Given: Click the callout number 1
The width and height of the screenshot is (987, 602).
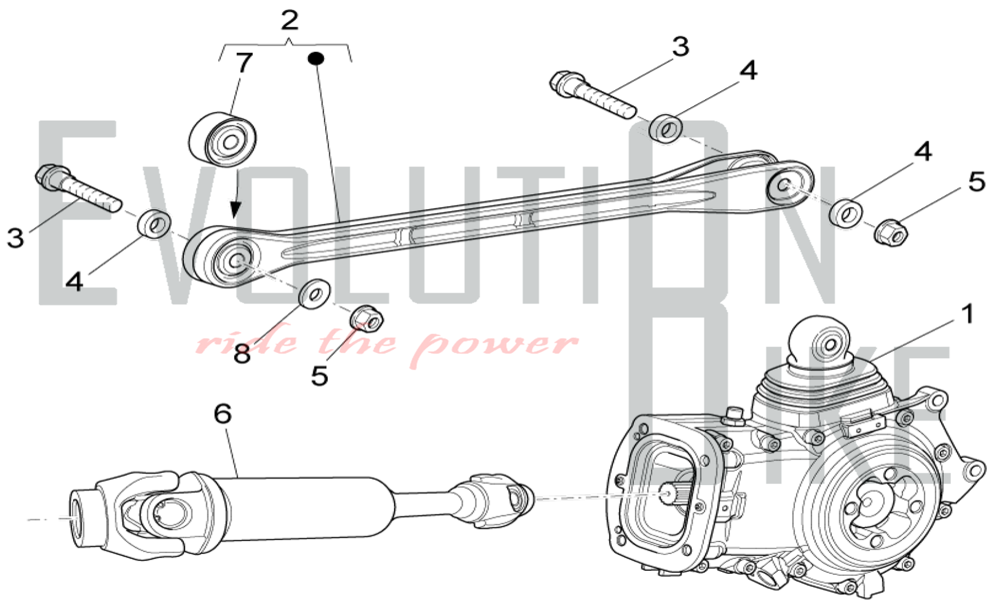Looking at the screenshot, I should click(967, 314).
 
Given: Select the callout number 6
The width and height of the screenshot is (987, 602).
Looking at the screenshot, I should click(223, 414).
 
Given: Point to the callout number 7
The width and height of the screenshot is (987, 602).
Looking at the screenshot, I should click(243, 63).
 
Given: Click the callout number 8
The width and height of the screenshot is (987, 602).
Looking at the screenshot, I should click(242, 353).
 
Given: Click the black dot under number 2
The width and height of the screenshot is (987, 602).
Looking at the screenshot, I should click(315, 59).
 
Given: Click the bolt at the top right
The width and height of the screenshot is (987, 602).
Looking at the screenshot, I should click(592, 96).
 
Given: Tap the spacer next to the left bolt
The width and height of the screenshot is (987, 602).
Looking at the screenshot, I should click(154, 224).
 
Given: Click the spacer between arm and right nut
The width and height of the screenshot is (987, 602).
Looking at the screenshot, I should click(846, 213).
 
